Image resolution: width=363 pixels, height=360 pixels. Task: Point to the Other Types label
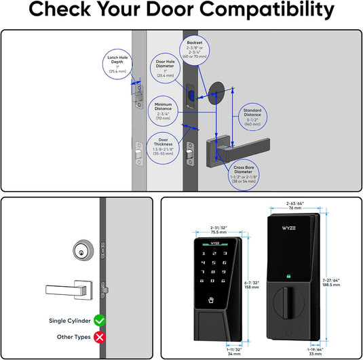[x=71, y=337]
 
